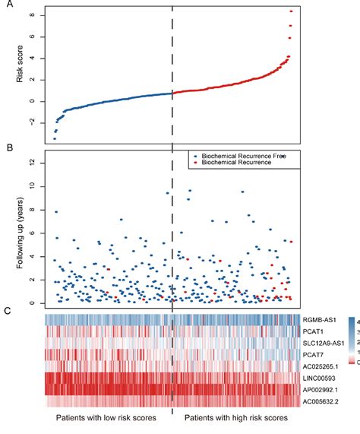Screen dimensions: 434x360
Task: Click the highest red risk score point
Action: click(x=290, y=11)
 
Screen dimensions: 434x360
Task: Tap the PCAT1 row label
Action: click(x=310, y=332)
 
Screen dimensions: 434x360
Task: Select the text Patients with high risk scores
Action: click(x=236, y=417)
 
